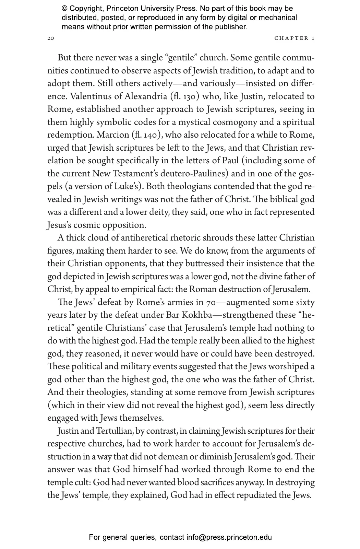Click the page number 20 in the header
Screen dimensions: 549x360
coord(50,38)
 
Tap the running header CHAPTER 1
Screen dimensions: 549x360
coord(295,38)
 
